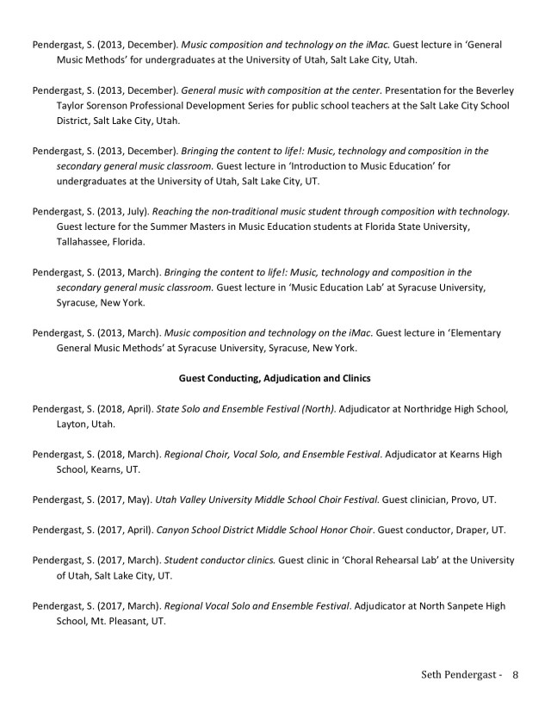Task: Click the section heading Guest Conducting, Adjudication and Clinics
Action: coord(275,377)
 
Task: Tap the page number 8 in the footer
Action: coord(515,675)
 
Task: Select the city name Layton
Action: coord(73,424)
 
